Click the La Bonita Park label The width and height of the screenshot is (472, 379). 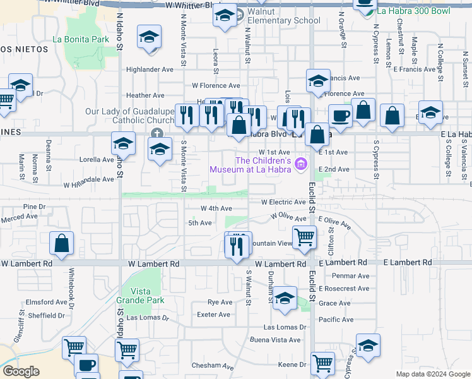click(81, 39)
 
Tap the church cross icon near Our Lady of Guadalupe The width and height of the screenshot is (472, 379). click(156, 133)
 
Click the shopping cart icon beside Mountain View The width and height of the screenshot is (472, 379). click(305, 237)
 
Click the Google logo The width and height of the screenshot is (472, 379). click(21, 371)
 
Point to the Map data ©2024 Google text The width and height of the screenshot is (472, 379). click(432, 374)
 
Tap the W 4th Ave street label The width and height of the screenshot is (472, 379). click(216, 208)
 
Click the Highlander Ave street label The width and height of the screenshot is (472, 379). click(150, 69)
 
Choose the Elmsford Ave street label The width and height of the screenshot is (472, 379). click(45, 302)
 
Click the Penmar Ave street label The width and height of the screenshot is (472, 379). click(353, 276)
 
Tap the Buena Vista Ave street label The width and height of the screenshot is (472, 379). click(275, 340)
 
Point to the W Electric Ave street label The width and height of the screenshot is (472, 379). click(284, 202)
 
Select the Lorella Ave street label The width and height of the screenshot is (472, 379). click(96, 160)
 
